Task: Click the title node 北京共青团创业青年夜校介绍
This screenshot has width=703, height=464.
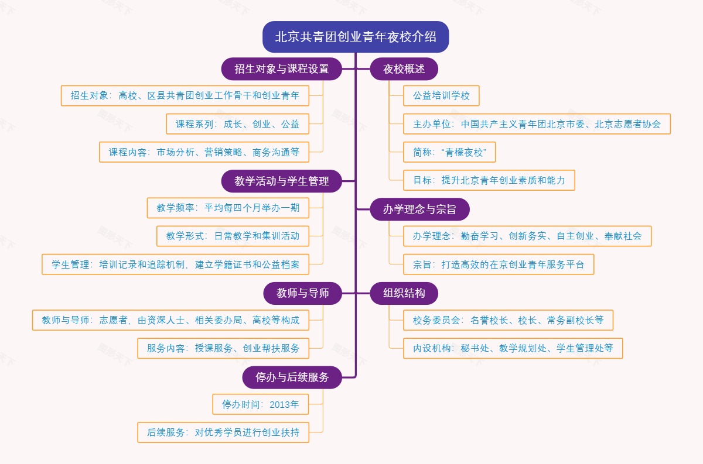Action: click(x=356, y=37)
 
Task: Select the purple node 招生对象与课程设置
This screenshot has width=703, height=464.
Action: click(x=281, y=69)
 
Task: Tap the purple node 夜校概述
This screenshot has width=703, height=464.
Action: click(x=404, y=69)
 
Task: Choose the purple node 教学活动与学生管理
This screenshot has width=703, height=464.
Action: click(x=281, y=181)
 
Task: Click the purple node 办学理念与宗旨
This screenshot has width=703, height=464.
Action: click(x=419, y=209)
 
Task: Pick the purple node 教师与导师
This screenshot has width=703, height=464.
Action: click(x=302, y=293)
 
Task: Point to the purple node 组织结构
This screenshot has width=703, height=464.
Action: click(x=404, y=293)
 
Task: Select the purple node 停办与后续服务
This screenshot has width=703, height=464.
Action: click(x=292, y=377)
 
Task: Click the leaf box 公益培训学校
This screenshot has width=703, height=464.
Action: click(x=441, y=96)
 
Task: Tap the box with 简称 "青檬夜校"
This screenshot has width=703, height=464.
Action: click(x=449, y=152)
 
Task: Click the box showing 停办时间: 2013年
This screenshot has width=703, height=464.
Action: click(x=260, y=404)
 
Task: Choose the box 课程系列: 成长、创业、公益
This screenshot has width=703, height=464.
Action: click(x=237, y=124)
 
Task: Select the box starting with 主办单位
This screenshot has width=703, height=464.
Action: click(x=537, y=124)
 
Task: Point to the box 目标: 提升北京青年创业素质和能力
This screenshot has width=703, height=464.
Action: click(x=489, y=180)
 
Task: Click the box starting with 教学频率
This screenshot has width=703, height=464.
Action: click(x=228, y=208)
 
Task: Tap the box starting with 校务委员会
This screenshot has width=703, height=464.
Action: click(x=508, y=320)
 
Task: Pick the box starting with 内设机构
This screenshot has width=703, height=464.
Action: click(x=513, y=348)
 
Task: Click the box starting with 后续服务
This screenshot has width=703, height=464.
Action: click(x=223, y=432)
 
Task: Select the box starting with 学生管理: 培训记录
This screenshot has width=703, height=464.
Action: click(x=175, y=264)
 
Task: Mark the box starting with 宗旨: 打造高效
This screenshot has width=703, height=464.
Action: click(x=499, y=264)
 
